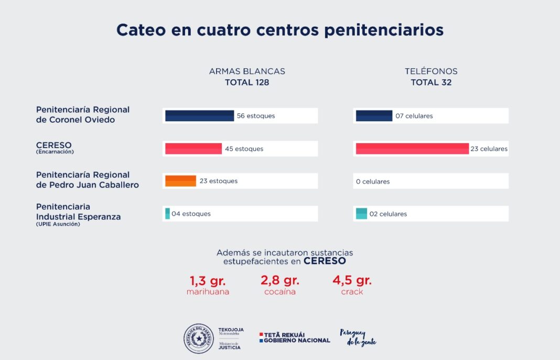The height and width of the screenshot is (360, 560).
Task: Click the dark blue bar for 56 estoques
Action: [199, 116]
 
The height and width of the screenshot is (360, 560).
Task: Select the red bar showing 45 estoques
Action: [193, 149]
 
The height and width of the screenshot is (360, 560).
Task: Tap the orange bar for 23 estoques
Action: [180, 181]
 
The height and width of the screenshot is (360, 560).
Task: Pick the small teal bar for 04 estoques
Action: [168, 214]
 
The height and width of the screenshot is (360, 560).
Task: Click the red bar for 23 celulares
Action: [412, 149]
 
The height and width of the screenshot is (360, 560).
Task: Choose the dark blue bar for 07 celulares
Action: [374, 116]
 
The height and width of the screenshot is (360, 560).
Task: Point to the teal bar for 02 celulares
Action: [361, 214]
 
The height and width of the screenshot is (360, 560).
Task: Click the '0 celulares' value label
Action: [373, 182]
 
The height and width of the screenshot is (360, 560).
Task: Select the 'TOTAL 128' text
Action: [247, 82]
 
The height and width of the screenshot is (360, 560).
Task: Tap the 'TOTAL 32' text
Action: [431, 82]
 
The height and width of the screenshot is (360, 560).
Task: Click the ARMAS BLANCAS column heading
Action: [247, 71]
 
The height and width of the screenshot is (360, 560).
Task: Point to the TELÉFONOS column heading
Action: [431, 71]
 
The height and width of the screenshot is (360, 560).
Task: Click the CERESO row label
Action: [54, 145]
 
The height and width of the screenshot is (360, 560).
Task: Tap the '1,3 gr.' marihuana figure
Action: [208, 280]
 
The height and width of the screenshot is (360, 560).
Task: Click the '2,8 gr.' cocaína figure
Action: [280, 280]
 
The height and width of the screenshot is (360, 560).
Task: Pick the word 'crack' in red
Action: [352, 292]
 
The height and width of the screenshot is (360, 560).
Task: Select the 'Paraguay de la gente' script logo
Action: [358, 337]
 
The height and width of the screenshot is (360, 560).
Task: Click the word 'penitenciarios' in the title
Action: [384, 29]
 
